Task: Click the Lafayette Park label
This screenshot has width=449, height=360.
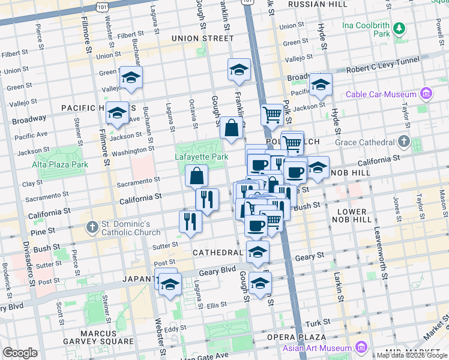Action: (202, 157)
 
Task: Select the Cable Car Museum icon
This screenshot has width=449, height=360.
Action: (426, 94)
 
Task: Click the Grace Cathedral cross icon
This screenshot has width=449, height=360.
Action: (404, 142)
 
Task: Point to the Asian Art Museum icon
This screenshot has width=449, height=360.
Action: (361, 348)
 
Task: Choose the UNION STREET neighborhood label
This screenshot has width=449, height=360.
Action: (202, 38)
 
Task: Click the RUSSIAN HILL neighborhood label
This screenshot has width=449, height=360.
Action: (317, 4)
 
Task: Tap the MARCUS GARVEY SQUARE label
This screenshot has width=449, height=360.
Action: (91, 339)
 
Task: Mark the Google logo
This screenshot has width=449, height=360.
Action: (20, 353)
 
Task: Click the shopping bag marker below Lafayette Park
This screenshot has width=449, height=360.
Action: (197, 176)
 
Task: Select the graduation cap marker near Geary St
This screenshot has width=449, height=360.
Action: (258, 253)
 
